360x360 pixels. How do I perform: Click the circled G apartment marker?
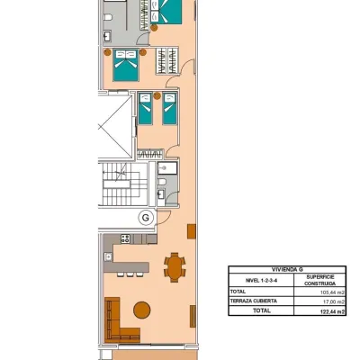(146, 217)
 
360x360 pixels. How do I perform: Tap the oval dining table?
(175, 267)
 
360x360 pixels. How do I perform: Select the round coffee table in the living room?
(142, 310)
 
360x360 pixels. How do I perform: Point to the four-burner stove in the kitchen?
(125, 238)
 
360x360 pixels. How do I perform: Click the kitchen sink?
(108, 256)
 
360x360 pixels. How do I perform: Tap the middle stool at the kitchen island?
(130, 274)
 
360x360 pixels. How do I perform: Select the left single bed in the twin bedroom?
(146, 109)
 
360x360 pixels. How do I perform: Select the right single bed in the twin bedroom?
(169, 109)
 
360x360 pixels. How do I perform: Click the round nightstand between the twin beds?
(157, 95)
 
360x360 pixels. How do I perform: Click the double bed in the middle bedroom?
(126, 66)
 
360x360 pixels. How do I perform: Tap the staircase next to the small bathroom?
(125, 184)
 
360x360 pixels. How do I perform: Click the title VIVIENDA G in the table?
(287, 270)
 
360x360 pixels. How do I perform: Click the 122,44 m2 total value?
(333, 311)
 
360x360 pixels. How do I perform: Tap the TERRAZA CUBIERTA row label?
(254, 301)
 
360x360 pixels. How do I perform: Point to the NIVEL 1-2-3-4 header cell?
(261, 281)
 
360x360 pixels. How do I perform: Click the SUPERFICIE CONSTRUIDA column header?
(320, 280)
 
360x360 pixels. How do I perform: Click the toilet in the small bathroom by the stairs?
(161, 182)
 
